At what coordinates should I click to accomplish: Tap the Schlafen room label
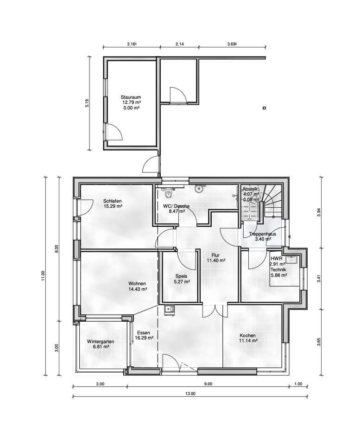[113, 201]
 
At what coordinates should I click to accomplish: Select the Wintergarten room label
[100, 341]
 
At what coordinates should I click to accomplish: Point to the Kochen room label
[247, 335]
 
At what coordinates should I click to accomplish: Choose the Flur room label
[215, 255]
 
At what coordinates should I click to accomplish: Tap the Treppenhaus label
[262, 234]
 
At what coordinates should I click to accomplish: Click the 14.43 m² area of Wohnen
[138, 289]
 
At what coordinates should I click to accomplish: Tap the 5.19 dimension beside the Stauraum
[86, 103]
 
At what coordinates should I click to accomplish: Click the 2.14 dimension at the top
[180, 44]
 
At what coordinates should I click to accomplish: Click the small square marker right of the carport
[264, 108]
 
